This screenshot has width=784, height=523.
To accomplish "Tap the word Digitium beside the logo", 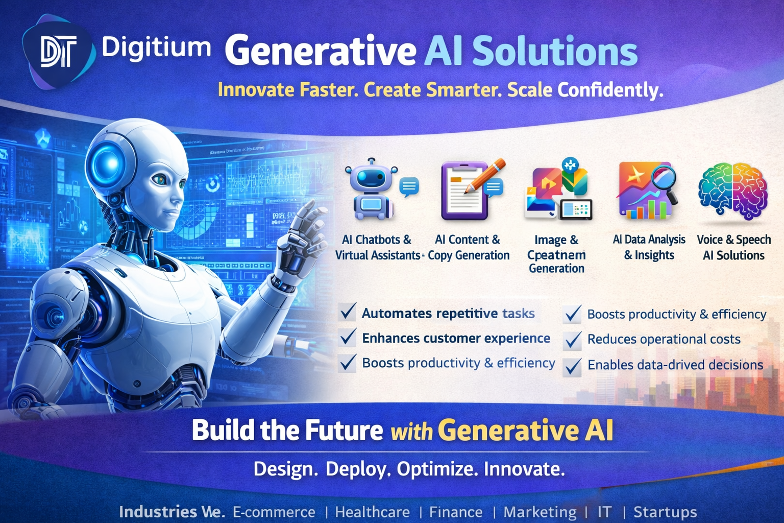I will click(156, 48).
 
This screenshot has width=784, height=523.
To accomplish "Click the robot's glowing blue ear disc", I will click(108, 164).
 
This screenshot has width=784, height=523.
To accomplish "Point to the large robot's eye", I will click(160, 179).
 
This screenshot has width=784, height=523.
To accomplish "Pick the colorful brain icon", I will click(733, 190).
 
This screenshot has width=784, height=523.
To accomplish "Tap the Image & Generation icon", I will click(558, 189).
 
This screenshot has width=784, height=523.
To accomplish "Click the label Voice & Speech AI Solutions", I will click(733, 247).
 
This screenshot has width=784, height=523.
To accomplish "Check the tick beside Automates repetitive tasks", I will click(348, 311).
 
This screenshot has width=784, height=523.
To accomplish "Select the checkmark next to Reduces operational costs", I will click(573, 340).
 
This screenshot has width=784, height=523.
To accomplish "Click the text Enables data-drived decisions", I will click(675, 365).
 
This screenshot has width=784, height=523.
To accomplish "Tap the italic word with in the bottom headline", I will click(411, 432).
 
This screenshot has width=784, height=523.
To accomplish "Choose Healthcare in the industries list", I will click(372, 512).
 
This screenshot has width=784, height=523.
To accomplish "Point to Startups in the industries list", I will click(665, 512).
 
